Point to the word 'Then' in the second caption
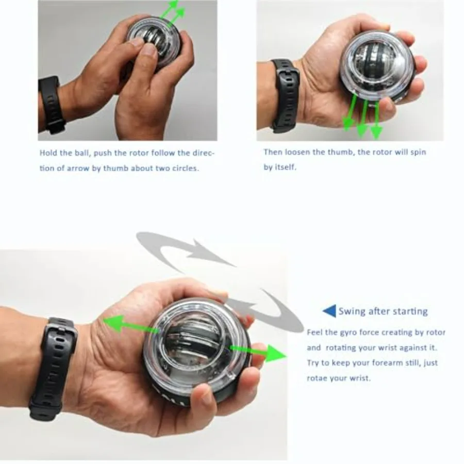273,152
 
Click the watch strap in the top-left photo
52,104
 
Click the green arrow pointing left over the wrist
124,323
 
